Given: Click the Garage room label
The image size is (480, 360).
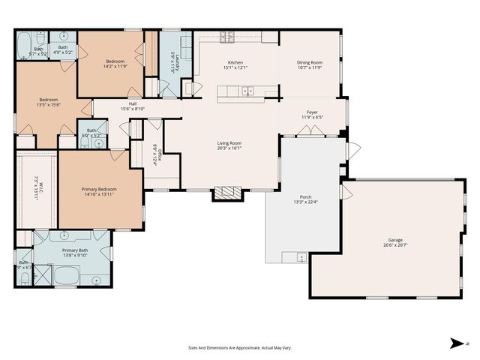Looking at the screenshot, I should [390, 240].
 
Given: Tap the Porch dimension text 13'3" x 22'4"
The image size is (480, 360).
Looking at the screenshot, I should [305, 202].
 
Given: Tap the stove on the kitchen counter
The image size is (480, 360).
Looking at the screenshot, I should [226, 36].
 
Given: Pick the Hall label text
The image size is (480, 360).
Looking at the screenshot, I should [132, 103].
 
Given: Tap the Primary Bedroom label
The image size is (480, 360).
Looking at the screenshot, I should [99, 189].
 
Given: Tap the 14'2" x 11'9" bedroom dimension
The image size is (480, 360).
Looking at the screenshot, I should [115, 66].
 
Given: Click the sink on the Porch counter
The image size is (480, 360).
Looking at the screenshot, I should [301, 259].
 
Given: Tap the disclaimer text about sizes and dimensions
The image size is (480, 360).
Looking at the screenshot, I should [240, 348].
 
